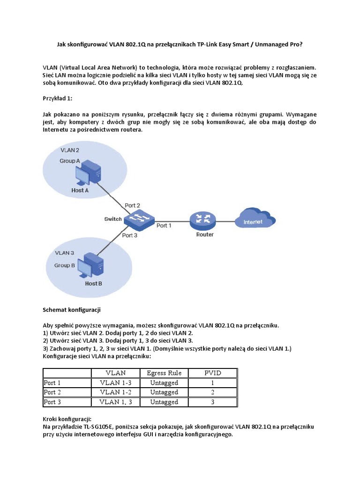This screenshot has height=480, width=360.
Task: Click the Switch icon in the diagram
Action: tap(139, 218)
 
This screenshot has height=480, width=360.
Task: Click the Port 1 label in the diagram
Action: tap(164, 225)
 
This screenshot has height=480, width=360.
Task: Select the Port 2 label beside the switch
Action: tap(133, 205)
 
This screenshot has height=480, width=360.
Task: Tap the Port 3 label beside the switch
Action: tap(129, 235)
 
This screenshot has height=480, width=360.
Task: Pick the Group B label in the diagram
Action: tap(65, 265)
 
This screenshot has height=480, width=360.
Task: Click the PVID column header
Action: tap(212, 373)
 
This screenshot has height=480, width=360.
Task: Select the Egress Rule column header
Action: tap(164, 373)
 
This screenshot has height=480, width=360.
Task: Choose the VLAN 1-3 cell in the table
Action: tap(116, 383)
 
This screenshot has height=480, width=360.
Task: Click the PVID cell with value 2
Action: tap(212, 392)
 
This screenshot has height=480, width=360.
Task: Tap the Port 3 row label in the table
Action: tap(52, 402)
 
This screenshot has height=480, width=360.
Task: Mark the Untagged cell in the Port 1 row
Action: tap(164, 383)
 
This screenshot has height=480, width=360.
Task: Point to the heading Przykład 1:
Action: tap(59, 99)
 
